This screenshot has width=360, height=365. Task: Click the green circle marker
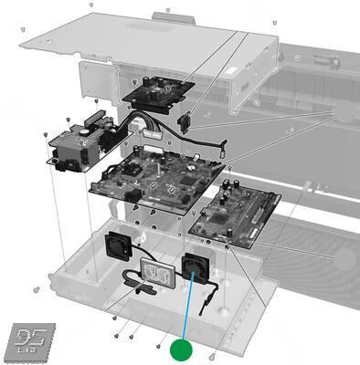[x=184, y=349]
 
